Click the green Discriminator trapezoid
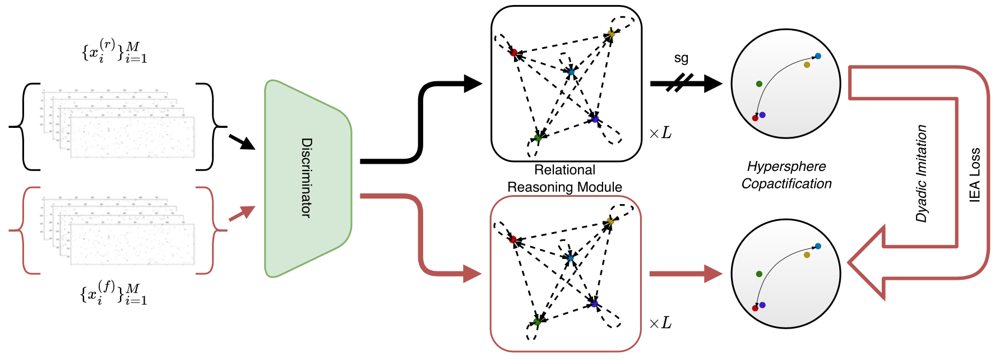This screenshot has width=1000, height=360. coord(308,178)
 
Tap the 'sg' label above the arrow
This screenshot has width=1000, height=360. coord(681,58)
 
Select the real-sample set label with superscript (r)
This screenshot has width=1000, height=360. coord(114,51)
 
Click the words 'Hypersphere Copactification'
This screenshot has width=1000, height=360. coord(786,175)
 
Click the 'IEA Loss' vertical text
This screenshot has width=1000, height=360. coord(975,175)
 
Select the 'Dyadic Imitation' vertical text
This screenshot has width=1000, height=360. coord(921,174)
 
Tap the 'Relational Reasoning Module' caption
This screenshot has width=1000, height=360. coord(564,178)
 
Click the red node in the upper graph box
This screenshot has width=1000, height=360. coord(513,53)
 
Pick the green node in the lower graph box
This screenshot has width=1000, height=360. coord(536,322)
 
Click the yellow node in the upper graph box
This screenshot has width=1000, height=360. coord(611,34)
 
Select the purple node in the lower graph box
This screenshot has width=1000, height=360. coord(594,304)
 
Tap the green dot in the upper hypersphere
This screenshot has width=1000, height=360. coord(759,84)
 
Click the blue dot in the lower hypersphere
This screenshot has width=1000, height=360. coord(818,246)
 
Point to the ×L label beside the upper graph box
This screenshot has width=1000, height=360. coord(660,133)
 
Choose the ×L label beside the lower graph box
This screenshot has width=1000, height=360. coord(660,323)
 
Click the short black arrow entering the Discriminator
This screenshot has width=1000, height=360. coord(242,142)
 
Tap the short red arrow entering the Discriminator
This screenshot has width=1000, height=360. coord(242,214)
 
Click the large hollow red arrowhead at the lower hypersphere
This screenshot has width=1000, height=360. coord(867,262)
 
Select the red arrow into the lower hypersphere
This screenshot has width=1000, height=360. coord(686,274)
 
